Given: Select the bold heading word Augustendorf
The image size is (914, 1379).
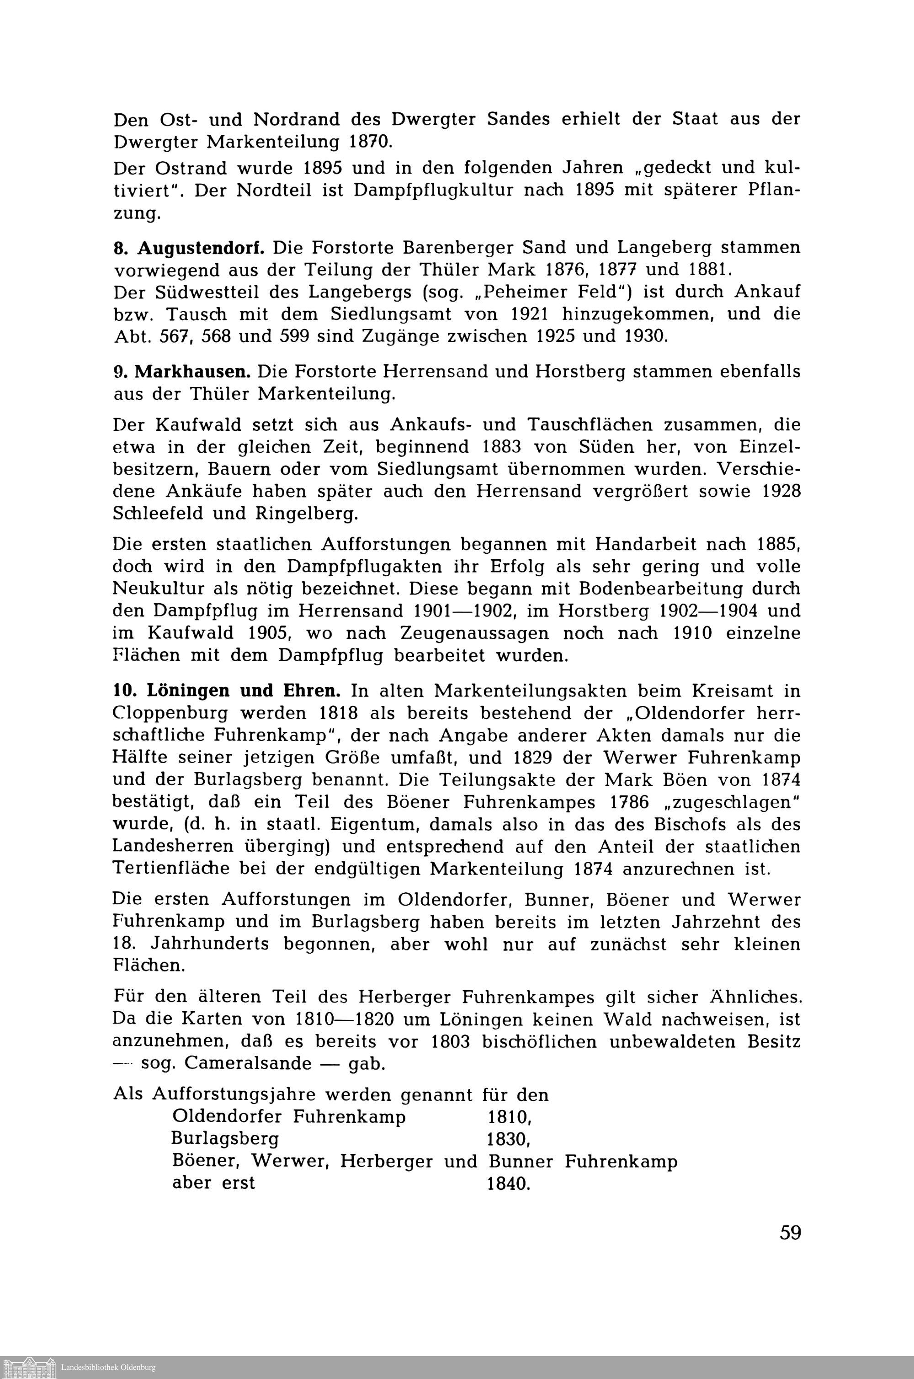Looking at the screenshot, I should click(x=201, y=248).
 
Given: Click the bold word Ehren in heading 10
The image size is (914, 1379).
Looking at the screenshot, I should click(x=312, y=691).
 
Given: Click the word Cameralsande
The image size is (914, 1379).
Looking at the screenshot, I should click(x=248, y=1063).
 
